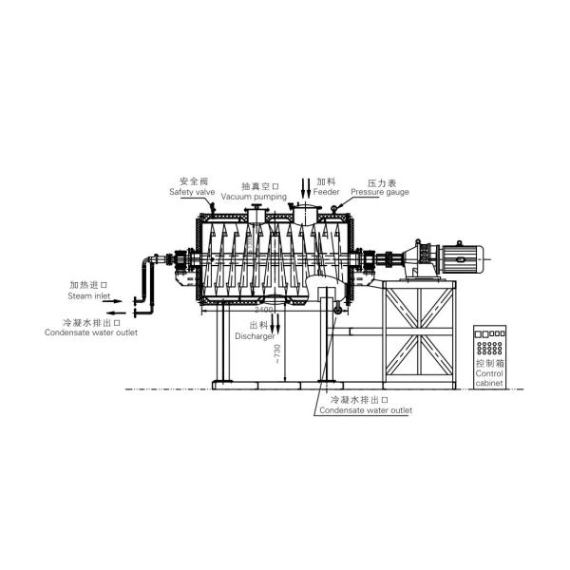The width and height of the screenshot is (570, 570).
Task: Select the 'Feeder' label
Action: point(327,192)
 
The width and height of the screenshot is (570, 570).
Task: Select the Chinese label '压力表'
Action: point(382,181)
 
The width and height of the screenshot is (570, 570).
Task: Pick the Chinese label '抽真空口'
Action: point(257,185)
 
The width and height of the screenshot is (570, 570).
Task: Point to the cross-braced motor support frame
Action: point(419,332)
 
